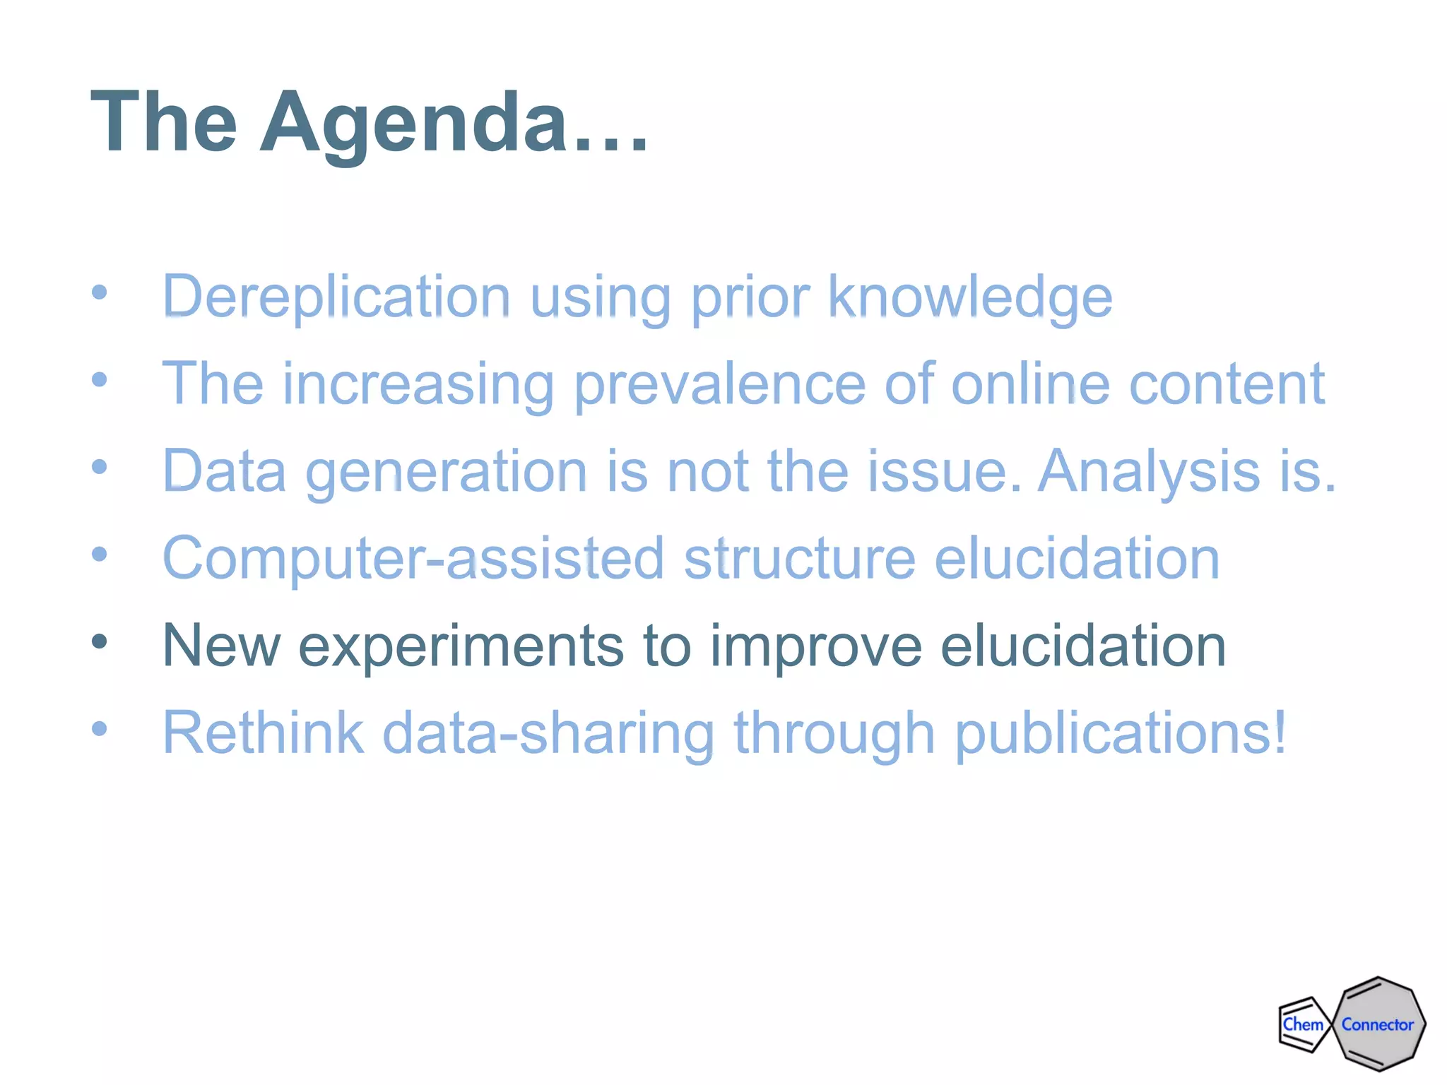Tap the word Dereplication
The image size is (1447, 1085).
tap(336, 296)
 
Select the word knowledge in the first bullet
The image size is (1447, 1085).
tap(969, 296)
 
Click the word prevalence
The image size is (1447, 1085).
tap(720, 384)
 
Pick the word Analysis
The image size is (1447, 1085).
tap(1149, 470)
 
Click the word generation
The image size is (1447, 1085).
tap(446, 470)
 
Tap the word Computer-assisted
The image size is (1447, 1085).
tap(413, 558)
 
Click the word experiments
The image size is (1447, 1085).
tap(461, 645)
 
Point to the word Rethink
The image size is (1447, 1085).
tap(263, 733)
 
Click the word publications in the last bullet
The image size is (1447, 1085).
tap(1120, 733)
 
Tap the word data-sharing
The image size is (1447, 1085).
tap(548, 733)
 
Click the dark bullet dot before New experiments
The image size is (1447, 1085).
tap(100, 641)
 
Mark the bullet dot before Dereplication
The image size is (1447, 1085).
tap(100, 292)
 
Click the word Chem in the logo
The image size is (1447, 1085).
tap(1303, 1024)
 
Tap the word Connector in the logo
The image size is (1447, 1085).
tap(1378, 1024)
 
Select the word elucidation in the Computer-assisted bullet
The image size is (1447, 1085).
tap(1077, 558)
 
